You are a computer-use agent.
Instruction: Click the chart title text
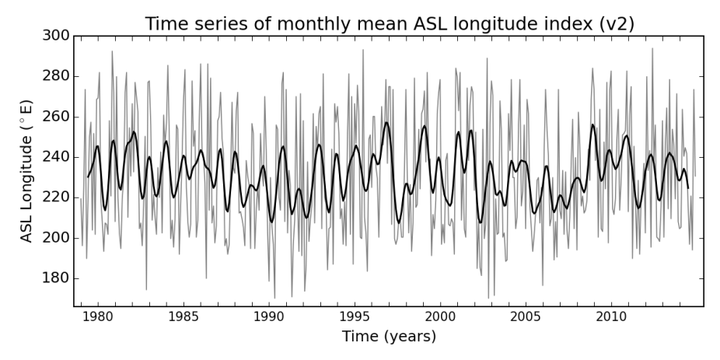point(389,23)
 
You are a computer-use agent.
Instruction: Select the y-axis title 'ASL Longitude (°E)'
point(27,170)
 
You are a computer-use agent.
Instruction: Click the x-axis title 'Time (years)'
point(389,337)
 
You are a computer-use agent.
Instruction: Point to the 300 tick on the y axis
point(55,36)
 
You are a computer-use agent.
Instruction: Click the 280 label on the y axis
point(55,76)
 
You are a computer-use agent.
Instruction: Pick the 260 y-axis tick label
point(55,117)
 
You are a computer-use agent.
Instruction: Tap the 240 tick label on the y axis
point(55,157)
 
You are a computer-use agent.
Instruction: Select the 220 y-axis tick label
point(55,197)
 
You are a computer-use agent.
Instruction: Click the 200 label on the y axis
point(55,238)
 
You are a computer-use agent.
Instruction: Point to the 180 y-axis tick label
point(55,278)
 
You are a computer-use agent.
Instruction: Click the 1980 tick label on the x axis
point(97,316)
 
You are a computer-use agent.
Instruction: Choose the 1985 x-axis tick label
point(183,316)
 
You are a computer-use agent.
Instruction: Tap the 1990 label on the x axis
point(268,316)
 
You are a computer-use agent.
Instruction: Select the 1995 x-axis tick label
point(355,316)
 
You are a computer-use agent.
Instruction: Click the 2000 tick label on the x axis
point(440,316)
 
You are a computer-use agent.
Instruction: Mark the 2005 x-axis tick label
point(526,316)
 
